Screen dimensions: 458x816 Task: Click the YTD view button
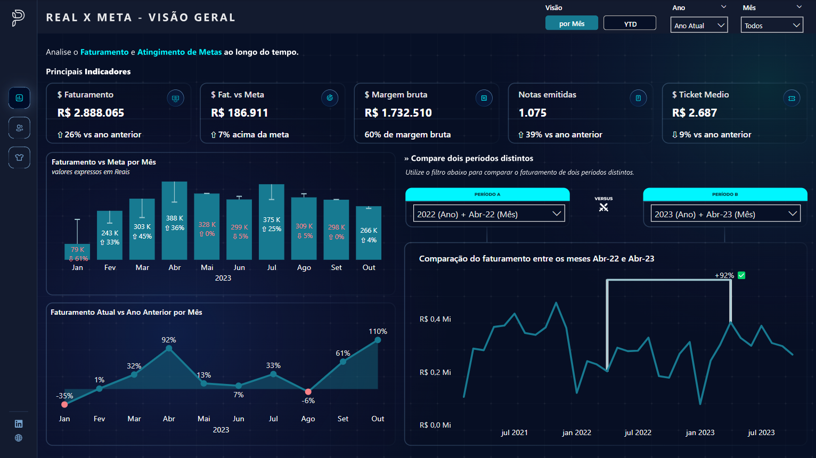(x=630, y=23)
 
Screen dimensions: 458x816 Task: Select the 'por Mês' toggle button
(x=572, y=23)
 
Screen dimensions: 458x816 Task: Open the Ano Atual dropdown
(x=699, y=25)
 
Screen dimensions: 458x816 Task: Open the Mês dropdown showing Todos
(x=772, y=25)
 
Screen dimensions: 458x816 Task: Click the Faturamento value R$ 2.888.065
(x=91, y=113)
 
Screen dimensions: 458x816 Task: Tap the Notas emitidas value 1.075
(x=533, y=113)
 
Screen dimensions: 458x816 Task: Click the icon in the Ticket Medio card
(x=791, y=98)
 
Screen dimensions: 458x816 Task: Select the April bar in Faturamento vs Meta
(x=174, y=221)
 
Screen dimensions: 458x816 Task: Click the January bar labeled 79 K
(x=77, y=252)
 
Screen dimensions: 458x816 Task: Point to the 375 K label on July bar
(x=272, y=219)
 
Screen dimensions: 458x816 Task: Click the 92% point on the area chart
(x=169, y=348)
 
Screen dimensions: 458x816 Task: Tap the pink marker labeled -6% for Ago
(x=308, y=391)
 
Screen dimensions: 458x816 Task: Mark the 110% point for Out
(x=378, y=340)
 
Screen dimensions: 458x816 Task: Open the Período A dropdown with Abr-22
(x=488, y=214)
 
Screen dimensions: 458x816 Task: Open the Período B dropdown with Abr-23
(x=725, y=214)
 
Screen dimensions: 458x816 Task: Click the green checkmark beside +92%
(x=741, y=275)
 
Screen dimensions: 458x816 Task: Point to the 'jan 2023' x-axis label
(x=700, y=432)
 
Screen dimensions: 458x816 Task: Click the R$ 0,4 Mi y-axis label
(x=435, y=319)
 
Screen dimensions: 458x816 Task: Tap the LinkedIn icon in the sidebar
(x=19, y=424)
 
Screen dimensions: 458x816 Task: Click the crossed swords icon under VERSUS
(x=603, y=207)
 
